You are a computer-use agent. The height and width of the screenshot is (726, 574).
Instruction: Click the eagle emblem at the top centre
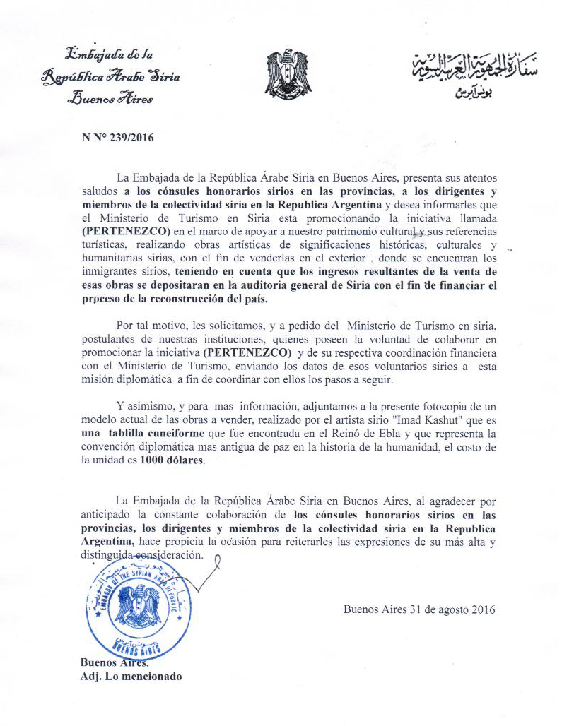coord(288,73)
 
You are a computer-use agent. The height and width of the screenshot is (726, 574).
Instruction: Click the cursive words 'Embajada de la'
coord(109,53)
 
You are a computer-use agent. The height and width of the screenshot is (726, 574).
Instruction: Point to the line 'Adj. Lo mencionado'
coord(131,677)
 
